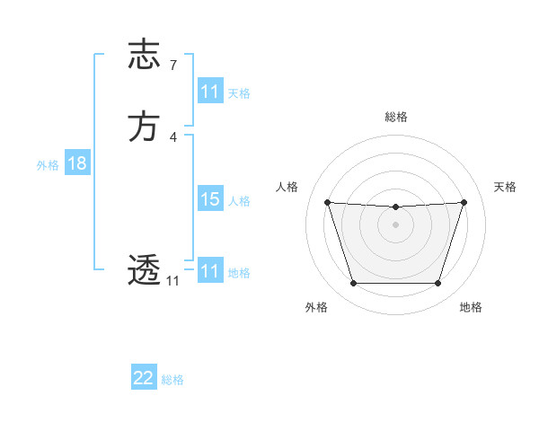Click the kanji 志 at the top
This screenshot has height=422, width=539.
point(144,54)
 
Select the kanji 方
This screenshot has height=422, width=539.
point(144,127)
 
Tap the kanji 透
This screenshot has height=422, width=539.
point(144,270)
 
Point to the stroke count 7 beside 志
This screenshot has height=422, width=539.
point(173,65)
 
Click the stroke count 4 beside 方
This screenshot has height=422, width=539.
point(173,136)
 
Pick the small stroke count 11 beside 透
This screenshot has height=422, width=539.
point(172,281)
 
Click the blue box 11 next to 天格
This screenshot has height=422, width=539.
point(210,92)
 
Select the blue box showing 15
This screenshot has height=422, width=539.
point(210,199)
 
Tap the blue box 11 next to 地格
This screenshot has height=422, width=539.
point(210,270)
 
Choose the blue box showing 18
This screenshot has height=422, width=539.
point(76,163)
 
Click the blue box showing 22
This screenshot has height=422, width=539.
point(144,378)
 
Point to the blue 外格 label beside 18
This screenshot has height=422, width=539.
point(48,164)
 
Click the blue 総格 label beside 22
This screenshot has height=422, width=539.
point(172,380)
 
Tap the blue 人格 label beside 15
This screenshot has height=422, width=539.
point(239,201)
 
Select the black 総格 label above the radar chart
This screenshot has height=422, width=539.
point(396,117)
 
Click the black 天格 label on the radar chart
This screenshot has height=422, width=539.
point(505,187)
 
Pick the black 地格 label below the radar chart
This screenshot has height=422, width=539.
point(471,307)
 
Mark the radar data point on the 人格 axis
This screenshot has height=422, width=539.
point(328,203)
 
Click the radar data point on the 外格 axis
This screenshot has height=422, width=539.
point(353,284)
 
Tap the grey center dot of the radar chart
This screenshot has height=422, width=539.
point(395,224)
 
